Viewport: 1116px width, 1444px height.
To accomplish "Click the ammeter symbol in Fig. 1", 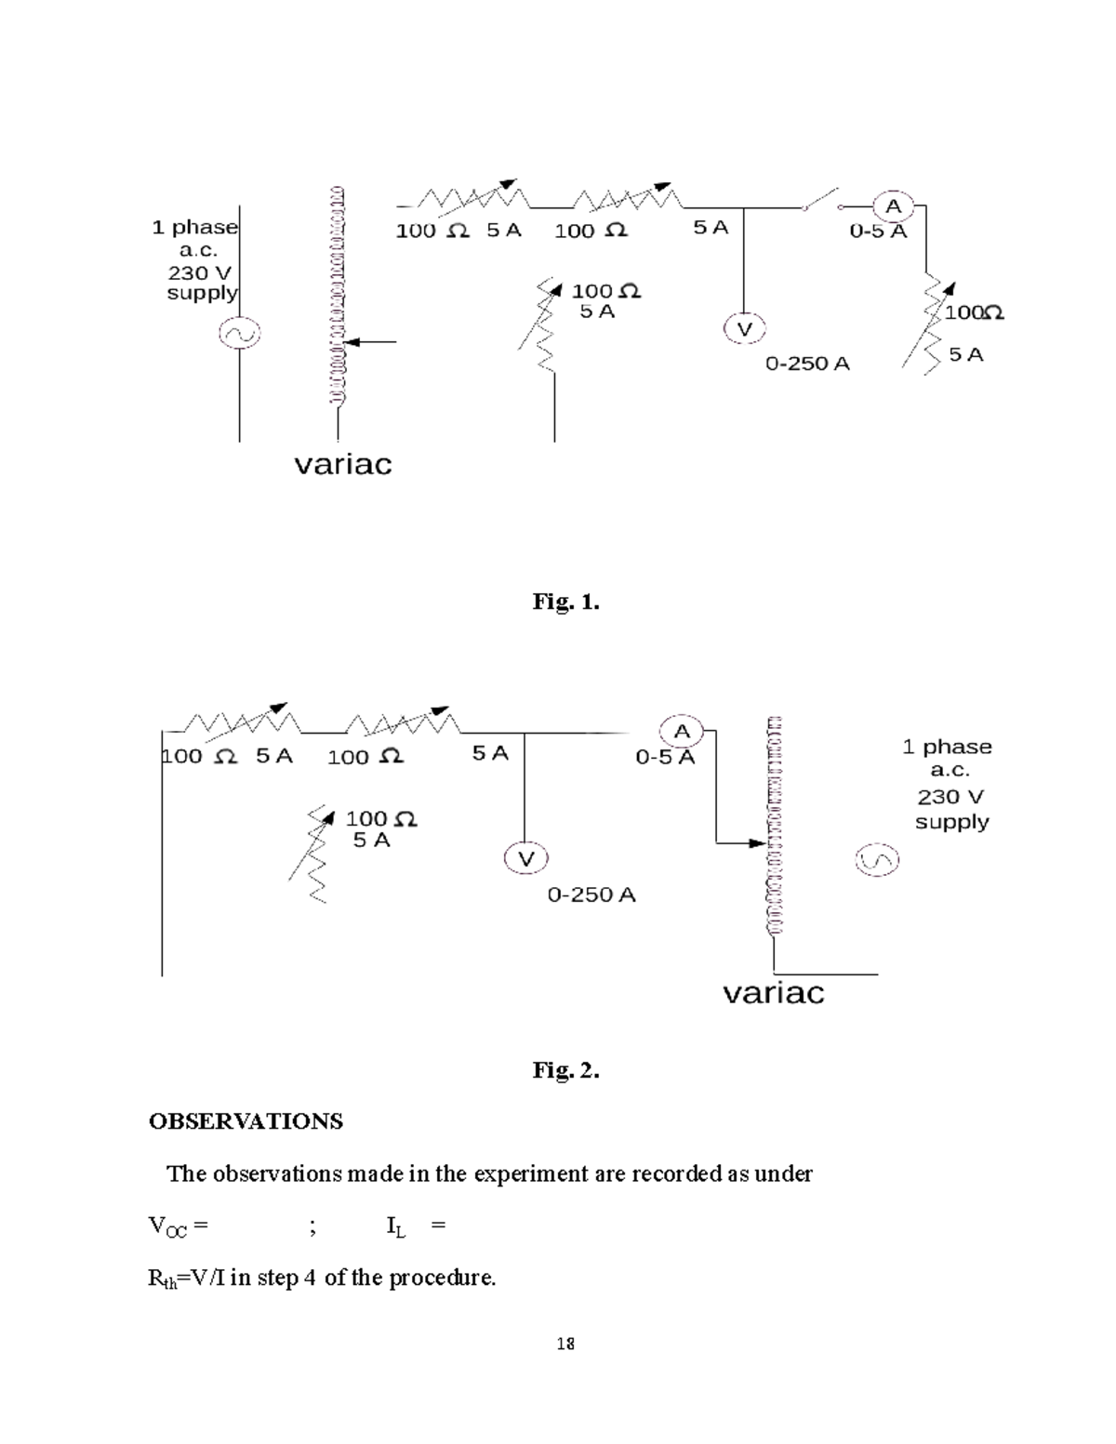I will tap(893, 206).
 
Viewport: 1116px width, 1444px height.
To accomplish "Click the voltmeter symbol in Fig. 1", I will tap(744, 328).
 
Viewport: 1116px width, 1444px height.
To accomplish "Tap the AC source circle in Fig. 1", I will tap(239, 333).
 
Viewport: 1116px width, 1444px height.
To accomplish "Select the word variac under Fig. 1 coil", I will tap(343, 464).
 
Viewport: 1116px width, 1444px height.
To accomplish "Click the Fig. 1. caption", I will tap(565, 602).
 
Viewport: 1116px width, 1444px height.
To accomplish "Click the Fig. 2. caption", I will tap(565, 1070).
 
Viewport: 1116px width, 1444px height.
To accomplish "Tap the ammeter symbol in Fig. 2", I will tap(682, 731).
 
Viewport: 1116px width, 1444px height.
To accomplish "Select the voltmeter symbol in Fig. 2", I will tap(525, 858).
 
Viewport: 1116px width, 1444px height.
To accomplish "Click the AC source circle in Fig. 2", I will tap(877, 860).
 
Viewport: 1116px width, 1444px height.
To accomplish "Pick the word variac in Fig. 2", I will tap(774, 993).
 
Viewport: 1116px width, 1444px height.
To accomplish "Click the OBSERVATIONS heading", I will tap(246, 1121).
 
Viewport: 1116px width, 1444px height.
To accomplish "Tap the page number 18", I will tap(565, 1344).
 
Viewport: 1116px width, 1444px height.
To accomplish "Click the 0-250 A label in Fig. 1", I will tap(807, 364).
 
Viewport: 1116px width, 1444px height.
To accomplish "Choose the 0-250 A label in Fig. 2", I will tap(591, 894).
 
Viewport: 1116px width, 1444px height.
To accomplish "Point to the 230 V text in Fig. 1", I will tap(199, 272).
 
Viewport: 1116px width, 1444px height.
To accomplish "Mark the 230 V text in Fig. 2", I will tap(950, 797).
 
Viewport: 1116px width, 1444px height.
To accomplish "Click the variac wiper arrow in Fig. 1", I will tap(370, 342).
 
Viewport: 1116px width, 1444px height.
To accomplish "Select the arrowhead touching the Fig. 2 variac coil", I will tap(757, 843).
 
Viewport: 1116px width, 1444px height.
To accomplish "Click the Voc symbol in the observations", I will tap(167, 1226).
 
